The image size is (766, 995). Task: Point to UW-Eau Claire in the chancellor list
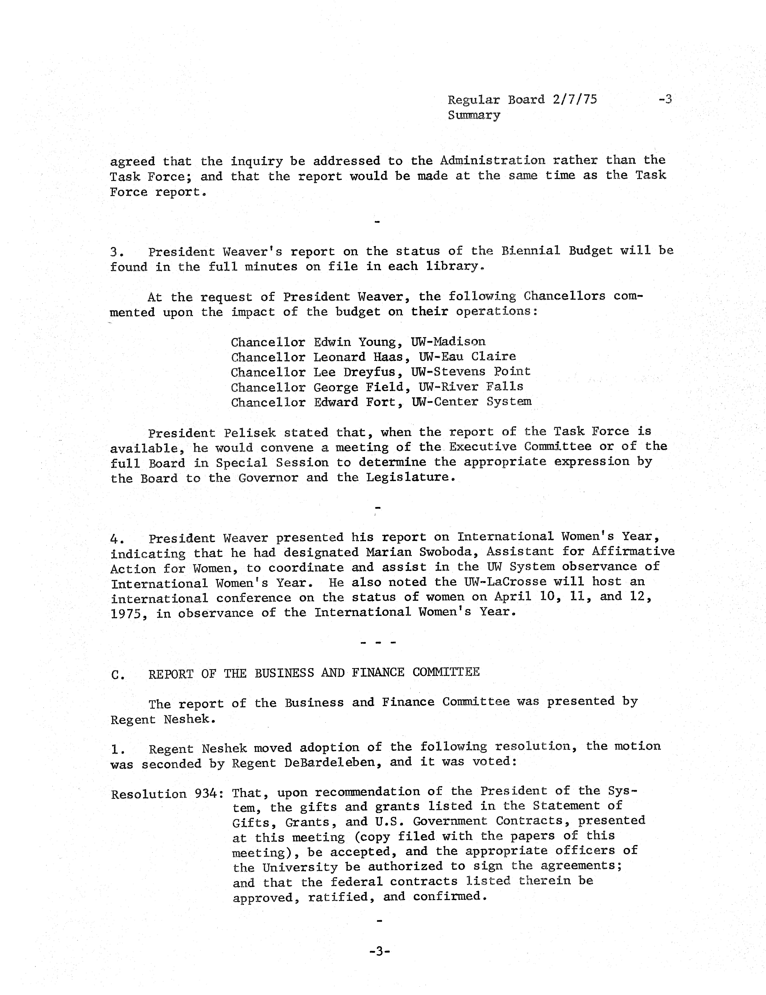(x=464, y=357)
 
